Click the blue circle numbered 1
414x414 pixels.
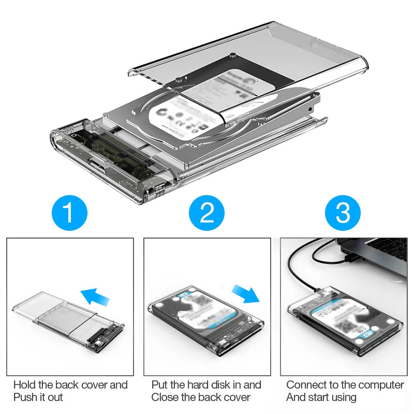(70, 213)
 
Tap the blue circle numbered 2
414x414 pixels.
(206, 213)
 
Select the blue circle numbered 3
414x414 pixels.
(343, 213)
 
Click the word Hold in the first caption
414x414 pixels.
(24, 385)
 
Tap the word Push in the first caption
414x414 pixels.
(25, 397)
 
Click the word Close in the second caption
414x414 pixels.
(165, 397)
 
